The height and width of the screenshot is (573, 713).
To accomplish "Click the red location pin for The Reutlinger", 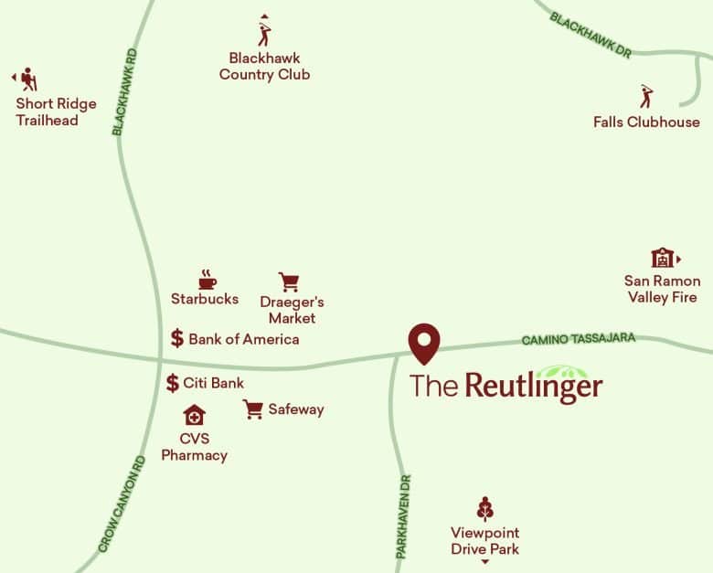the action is point(424,342).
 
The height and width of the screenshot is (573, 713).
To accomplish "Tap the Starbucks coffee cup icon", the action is point(207,278).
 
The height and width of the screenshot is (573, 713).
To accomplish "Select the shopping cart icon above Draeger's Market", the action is point(289,281).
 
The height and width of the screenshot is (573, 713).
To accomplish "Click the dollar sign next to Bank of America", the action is point(177,338).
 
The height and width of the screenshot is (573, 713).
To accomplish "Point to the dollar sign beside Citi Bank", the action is point(173,383).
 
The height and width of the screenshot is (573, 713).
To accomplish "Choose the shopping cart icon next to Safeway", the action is point(253,409).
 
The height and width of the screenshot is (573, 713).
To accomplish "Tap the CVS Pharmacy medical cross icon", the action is point(194,416).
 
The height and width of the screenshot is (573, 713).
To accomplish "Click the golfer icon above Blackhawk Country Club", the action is point(265,35).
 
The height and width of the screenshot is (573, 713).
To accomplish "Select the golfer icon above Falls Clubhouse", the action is point(646,96).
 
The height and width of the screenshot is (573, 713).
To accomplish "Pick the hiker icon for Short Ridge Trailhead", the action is point(29,79).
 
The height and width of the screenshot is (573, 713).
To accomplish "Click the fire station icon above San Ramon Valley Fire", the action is point(662,258).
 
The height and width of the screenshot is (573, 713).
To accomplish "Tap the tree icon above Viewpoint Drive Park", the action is point(485,509).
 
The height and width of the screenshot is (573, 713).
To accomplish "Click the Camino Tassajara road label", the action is point(578,339).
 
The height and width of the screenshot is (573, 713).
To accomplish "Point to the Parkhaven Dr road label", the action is point(402,516).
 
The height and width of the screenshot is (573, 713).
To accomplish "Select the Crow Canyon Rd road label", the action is point(122,504).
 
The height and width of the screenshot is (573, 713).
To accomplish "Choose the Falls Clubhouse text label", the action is point(646,122).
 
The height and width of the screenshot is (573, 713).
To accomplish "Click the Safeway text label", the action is point(295,409).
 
